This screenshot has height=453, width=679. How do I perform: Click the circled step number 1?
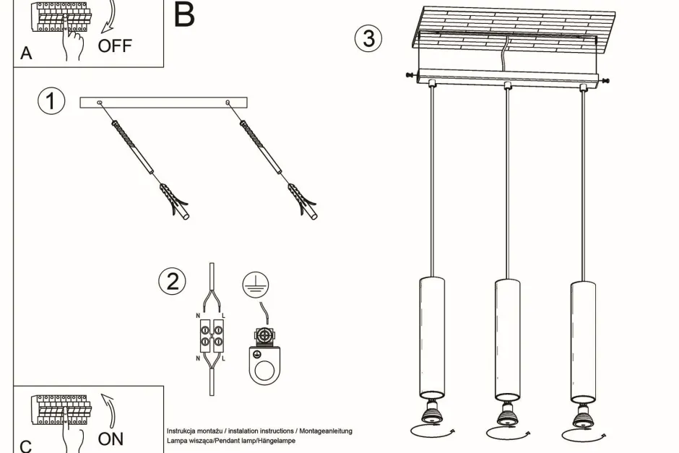51,101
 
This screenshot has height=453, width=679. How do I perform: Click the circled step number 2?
172,280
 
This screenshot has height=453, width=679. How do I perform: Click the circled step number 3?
368,38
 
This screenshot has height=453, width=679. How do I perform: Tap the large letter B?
184,14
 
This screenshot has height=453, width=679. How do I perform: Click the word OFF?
115,46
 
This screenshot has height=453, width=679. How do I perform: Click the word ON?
111,439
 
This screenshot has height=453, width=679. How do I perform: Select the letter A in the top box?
27,53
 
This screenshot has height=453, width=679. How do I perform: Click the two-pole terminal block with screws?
211,336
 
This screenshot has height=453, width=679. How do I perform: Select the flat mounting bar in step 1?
163,103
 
